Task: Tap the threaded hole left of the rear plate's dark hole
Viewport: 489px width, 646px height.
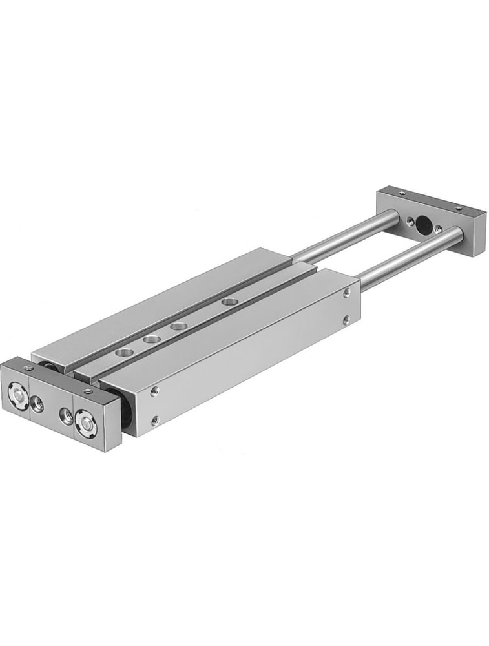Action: (410, 221)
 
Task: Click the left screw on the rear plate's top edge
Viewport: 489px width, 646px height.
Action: (402, 193)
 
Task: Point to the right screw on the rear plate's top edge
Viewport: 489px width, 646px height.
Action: (458, 208)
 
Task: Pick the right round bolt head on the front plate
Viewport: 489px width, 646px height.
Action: (86, 424)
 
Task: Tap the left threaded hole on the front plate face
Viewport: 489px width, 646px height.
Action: (38, 406)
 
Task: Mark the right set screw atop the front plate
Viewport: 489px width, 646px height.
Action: (88, 391)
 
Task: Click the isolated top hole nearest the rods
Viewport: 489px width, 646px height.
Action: (227, 301)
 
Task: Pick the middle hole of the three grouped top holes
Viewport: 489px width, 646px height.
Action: (152, 339)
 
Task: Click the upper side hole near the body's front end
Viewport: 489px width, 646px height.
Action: (155, 391)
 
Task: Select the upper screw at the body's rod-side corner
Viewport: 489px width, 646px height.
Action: (348, 293)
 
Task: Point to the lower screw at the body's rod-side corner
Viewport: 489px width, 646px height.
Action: (347, 319)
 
